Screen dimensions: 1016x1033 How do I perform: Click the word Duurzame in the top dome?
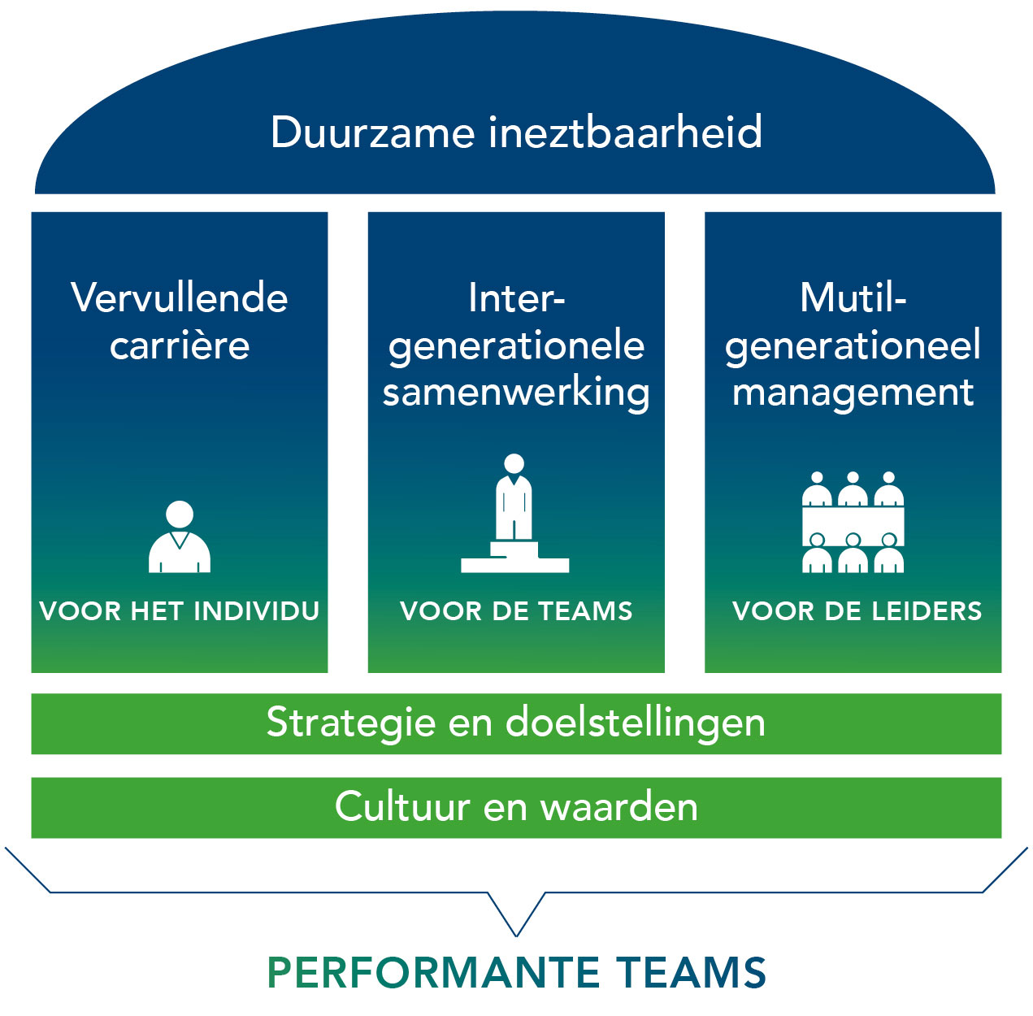tap(372, 132)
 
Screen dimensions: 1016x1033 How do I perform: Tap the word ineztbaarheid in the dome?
tap(626, 132)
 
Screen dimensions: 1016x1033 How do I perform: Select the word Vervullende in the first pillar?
tap(180, 298)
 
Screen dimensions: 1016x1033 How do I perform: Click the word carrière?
tap(180, 345)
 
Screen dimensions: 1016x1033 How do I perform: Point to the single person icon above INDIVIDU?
tap(180, 537)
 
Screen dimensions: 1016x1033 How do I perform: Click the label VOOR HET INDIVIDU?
tap(180, 610)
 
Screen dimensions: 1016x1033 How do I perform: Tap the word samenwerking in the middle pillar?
tap(516, 393)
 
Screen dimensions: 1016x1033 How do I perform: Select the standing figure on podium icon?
tap(514, 514)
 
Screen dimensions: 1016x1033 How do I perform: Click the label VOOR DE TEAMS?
tap(516, 610)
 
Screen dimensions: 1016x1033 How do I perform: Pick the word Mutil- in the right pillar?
tap(853, 298)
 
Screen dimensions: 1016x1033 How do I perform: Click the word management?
tap(853, 393)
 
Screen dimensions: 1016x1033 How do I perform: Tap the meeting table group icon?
tap(853, 523)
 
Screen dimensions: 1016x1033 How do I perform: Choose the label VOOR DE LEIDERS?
tap(857, 610)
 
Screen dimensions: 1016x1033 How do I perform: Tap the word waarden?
tap(619, 807)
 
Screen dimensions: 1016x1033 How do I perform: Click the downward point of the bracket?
tap(516, 933)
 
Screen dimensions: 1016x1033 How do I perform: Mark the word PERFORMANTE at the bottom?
tap(433, 973)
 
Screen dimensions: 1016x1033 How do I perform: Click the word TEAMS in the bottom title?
tap(690, 973)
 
